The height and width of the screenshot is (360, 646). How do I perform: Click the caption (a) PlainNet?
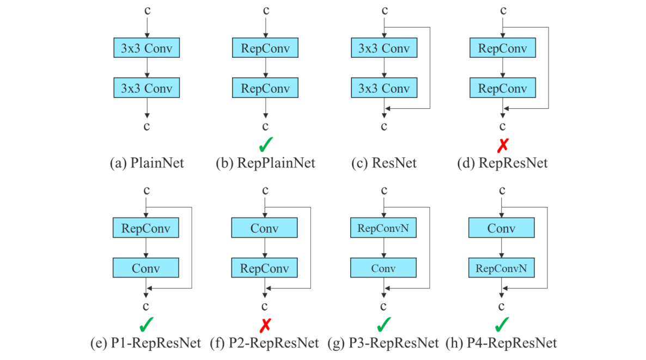pos(147,163)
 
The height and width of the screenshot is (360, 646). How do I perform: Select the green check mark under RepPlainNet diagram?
pos(265,145)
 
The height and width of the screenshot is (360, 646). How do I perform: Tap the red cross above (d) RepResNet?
pos(502,145)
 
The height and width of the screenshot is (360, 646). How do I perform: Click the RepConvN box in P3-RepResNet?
pos(383,229)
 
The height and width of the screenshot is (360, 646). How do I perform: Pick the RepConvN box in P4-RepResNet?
pos(502,268)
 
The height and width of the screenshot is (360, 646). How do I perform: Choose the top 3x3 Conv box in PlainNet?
pos(147,48)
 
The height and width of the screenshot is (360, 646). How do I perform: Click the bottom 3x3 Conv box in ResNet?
pos(383,88)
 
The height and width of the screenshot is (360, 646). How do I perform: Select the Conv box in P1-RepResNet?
pos(146,268)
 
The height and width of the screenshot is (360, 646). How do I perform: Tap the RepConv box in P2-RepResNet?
pos(265,268)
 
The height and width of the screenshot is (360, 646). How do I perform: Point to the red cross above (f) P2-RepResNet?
pos(265,325)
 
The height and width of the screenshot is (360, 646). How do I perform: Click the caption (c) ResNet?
pos(384,163)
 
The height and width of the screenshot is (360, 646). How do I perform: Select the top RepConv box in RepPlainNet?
pos(265,48)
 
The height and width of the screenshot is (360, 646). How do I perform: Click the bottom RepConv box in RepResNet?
pos(502,88)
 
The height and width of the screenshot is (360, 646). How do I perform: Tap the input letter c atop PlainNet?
pos(147,10)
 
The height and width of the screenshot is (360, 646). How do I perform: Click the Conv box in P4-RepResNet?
pos(502,229)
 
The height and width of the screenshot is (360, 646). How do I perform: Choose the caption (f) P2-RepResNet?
pos(265,343)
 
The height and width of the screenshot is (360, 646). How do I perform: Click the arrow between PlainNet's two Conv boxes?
pos(147,68)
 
